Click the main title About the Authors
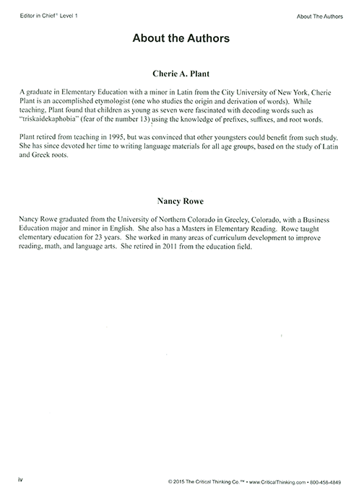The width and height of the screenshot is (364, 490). [x=181, y=39]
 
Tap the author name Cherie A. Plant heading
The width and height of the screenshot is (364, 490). [x=181, y=73]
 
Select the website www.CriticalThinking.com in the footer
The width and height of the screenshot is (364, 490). [x=265, y=479]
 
